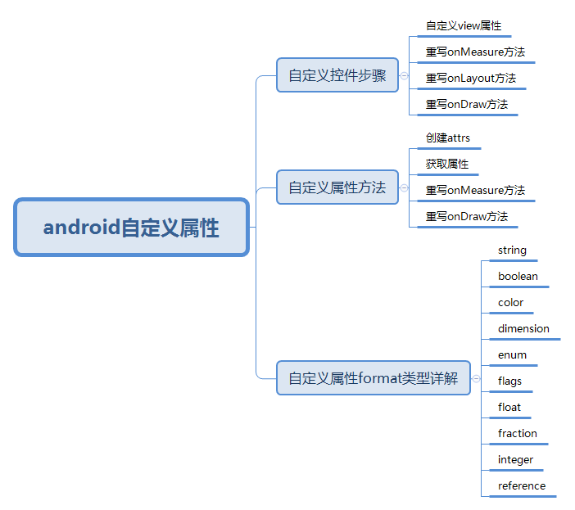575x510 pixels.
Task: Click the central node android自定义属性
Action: tap(131, 227)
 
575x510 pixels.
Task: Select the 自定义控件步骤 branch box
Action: tap(337, 76)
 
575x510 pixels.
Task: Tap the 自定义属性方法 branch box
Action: tap(337, 187)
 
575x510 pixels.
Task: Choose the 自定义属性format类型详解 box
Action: tap(373, 378)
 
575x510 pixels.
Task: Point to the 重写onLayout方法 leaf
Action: tap(470, 79)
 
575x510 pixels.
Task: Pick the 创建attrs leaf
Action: tap(447, 138)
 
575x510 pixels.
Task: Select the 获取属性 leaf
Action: tap(446, 164)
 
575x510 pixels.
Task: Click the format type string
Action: tap(512, 250)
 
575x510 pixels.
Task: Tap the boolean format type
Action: tap(518, 277)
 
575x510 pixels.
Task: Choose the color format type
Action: tap(510, 303)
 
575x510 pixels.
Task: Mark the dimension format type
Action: tap(523, 329)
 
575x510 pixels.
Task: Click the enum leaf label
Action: tap(512, 355)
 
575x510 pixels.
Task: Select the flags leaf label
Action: tap(509, 381)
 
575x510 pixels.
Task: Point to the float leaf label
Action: tap(509, 408)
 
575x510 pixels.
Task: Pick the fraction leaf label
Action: tap(518, 434)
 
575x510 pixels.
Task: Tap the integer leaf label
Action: tap(515, 460)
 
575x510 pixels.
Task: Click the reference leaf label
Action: tap(521, 486)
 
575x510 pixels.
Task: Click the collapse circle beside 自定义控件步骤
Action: tap(405, 76)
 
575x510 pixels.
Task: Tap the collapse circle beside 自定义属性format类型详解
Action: tap(477, 378)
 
